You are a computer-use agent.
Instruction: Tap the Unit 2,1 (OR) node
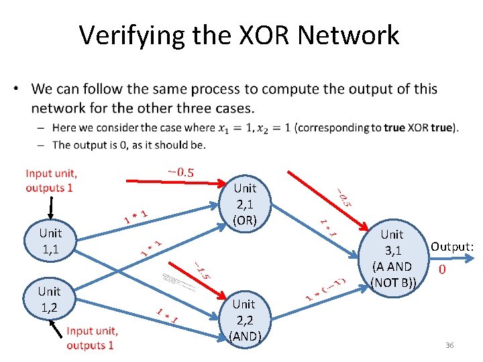[245, 203]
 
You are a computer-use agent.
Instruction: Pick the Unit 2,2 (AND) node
[244, 320]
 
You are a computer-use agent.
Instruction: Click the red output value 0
[442, 269]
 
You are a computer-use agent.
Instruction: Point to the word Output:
[452, 247]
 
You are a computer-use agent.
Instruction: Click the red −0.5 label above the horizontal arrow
[180, 172]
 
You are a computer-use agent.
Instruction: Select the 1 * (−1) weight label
[326, 288]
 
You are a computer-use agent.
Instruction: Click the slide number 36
[449, 345]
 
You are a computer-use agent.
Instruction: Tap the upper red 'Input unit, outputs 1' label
[51, 180]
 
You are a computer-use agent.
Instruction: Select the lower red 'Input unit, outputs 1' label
[92, 338]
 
